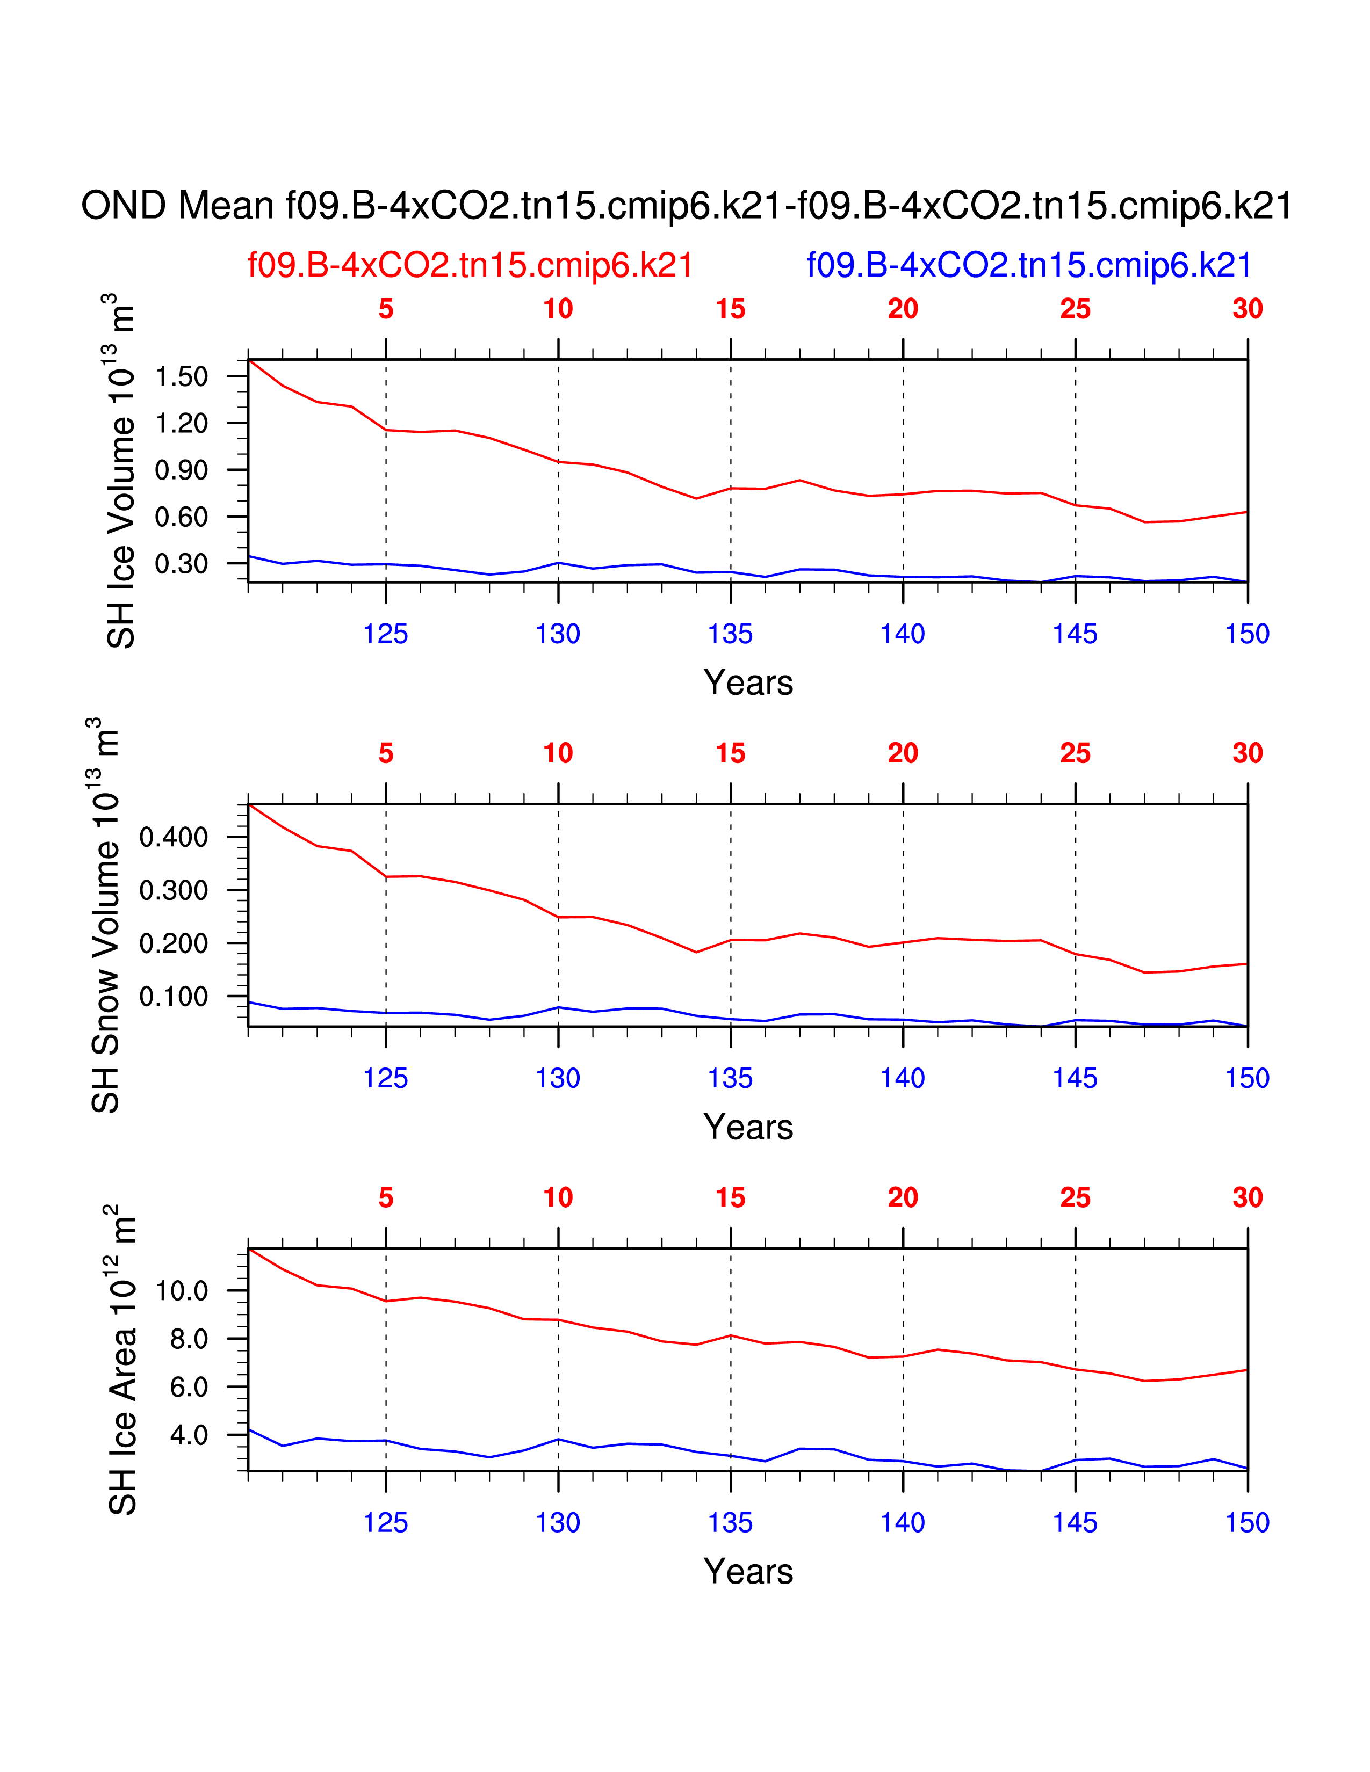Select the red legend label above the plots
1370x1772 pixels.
470,265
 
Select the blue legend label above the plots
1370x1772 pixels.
1028,265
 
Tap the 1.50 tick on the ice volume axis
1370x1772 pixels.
182,376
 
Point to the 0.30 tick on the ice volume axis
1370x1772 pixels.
182,563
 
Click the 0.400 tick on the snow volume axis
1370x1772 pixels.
174,837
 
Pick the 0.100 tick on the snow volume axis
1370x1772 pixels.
174,996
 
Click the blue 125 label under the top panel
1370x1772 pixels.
386,634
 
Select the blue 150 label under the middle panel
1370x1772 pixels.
1246,1078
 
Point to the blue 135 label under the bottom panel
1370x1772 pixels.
731,1523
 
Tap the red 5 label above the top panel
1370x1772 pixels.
386,309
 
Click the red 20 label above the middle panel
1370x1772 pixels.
903,754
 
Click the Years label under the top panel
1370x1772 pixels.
747,683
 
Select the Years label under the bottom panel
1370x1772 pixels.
747,1572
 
